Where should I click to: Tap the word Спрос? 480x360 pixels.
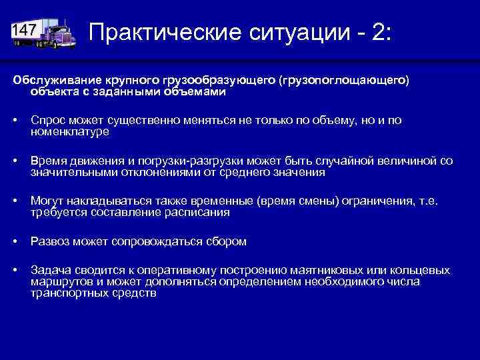tap(47, 120)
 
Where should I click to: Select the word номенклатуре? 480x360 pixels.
tap(70, 131)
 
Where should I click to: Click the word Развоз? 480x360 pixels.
tap(49, 242)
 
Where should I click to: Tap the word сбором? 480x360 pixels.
tap(227, 242)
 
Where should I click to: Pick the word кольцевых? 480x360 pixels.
tap(420, 271)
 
